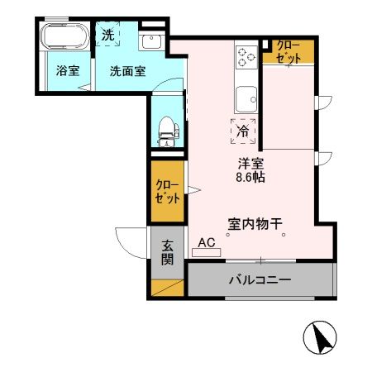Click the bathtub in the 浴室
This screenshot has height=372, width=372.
pos(63,38)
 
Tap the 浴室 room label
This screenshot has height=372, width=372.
pos(68,71)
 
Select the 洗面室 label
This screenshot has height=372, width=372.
pos(128,71)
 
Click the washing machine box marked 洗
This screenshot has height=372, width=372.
pos(107,35)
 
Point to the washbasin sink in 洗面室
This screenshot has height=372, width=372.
pos(152,41)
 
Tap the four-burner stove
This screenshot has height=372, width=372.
pos(246,56)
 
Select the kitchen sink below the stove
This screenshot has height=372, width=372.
pos(246,102)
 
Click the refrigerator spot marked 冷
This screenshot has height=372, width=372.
pos(243,131)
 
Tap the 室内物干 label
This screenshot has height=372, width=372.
pos(256,222)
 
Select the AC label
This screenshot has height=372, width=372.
pos(207,243)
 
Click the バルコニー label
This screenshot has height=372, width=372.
pos(260,280)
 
